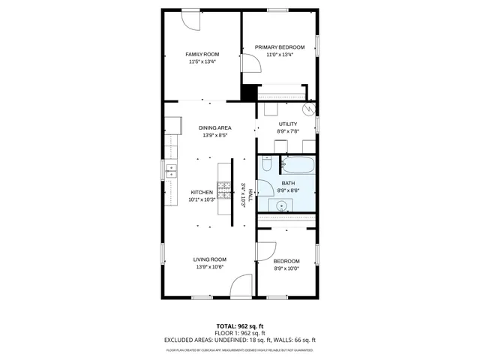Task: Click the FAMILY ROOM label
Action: click(202, 54)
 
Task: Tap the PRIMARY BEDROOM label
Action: click(279, 47)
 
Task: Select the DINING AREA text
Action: click(214, 128)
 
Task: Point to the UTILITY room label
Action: click(287, 124)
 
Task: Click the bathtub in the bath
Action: click(299, 165)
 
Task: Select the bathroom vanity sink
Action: click(283, 206)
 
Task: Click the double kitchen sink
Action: click(171, 171)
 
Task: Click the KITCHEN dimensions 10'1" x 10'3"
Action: click(202, 199)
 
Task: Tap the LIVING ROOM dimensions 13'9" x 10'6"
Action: click(211, 267)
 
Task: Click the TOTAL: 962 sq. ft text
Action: click(239, 326)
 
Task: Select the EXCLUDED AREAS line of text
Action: click(239, 340)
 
